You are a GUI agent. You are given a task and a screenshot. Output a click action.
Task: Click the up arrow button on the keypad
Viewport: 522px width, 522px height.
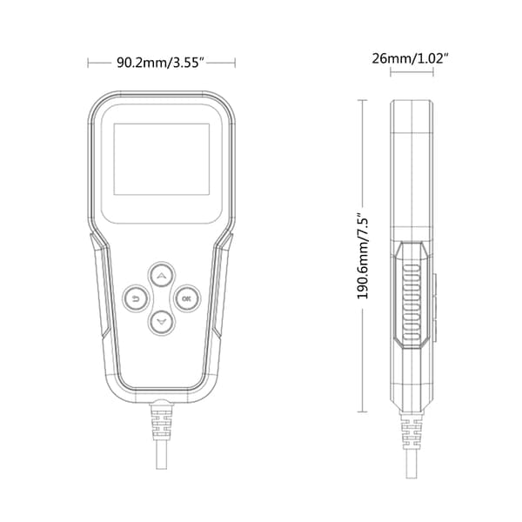tap(162, 275)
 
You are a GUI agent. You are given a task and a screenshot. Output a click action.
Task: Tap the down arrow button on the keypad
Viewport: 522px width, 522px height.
tap(162, 322)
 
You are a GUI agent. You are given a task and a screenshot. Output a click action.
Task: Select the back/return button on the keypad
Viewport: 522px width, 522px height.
tap(136, 298)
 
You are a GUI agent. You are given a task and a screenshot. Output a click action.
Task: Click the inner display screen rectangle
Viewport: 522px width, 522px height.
tap(162, 159)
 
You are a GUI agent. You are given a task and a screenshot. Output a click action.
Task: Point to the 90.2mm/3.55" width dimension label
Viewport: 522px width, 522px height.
tap(160, 63)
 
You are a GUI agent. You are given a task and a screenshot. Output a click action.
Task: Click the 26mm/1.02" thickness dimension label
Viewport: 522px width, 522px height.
tap(410, 58)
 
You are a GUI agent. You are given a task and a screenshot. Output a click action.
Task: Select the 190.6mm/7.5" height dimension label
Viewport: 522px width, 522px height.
tap(363, 257)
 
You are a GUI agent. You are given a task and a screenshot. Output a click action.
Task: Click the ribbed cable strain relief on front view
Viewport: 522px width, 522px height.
tap(162, 422)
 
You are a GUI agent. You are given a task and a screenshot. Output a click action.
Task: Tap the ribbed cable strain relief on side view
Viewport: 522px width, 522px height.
tap(412, 432)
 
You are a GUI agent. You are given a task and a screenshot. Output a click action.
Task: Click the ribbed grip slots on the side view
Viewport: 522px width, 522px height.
tap(412, 303)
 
